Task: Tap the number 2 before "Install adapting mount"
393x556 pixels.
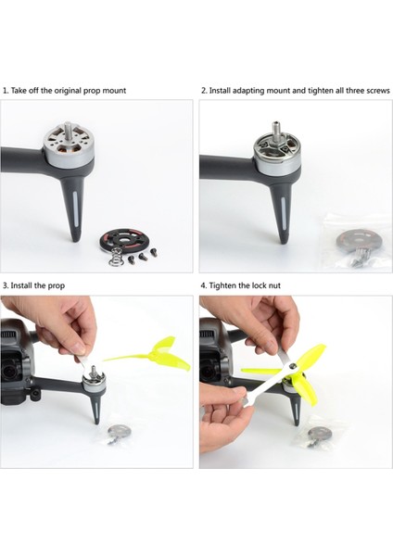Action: pos(203,91)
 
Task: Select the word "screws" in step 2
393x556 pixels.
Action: pos(375,91)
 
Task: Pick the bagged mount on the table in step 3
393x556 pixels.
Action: pos(119,434)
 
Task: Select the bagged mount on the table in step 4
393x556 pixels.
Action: pos(321,434)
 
